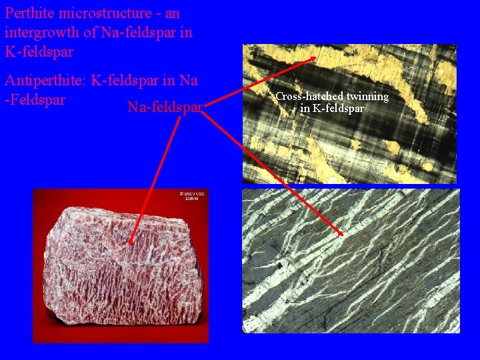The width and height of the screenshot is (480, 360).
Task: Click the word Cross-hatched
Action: point(309,97)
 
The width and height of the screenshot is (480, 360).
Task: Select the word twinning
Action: point(366,97)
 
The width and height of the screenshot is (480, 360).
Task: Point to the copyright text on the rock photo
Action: point(193,196)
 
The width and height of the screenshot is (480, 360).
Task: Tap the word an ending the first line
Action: point(171,13)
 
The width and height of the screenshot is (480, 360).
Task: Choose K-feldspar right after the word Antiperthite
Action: point(127,81)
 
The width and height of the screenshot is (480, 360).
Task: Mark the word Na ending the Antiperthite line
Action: point(189,81)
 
